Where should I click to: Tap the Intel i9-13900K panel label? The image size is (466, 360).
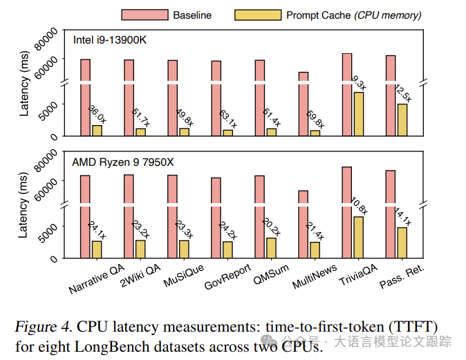[110, 39]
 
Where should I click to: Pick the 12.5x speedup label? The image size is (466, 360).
[402, 93]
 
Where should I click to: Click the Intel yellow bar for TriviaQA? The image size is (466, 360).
[357, 114]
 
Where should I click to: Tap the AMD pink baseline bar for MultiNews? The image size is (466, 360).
[303, 224]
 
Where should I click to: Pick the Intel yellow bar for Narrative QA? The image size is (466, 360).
[97, 131]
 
